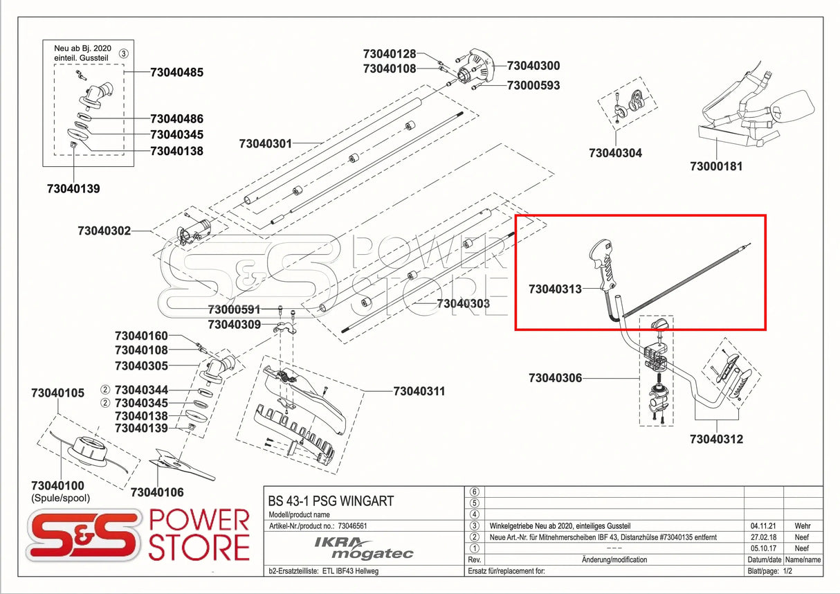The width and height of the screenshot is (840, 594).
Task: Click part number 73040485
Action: tap(177, 72)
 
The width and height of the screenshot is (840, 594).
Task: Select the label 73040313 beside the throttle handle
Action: tap(555, 289)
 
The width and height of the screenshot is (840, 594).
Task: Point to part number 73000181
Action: tap(716, 166)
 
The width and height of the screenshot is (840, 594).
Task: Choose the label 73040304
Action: tap(615, 153)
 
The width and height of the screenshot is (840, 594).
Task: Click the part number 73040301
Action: tap(266, 144)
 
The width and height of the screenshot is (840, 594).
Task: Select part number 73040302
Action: tap(104, 231)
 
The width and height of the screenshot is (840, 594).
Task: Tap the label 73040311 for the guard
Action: tap(419, 391)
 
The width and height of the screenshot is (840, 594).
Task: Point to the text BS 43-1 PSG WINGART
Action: tap(331, 501)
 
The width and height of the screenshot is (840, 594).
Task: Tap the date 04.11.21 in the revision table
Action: tap(763, 526)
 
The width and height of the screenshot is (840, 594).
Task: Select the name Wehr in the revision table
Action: tap(803, 526)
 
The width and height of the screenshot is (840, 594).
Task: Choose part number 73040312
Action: tap(716, 439)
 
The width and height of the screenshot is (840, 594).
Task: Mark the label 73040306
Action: tap(555, 378)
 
